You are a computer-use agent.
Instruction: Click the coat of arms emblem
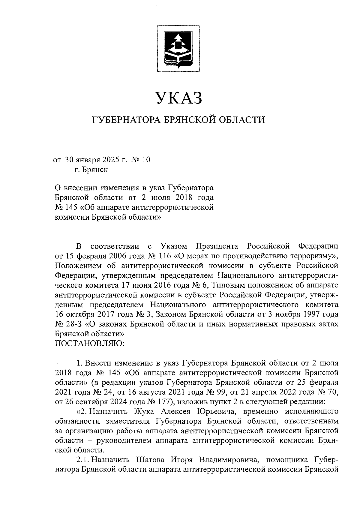point(179,48)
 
